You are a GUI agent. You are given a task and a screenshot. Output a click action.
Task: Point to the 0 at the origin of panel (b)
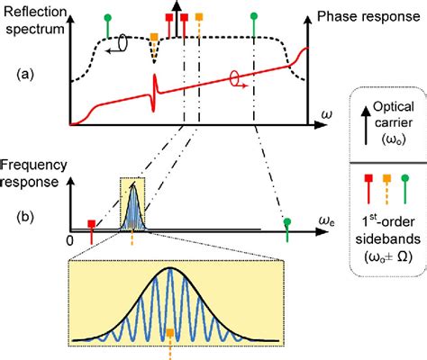(x=70, y=242)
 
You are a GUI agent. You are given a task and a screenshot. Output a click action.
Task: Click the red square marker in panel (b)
(x=90, y=223)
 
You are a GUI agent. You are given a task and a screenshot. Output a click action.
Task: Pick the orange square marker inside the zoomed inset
(x=170, y=333)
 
